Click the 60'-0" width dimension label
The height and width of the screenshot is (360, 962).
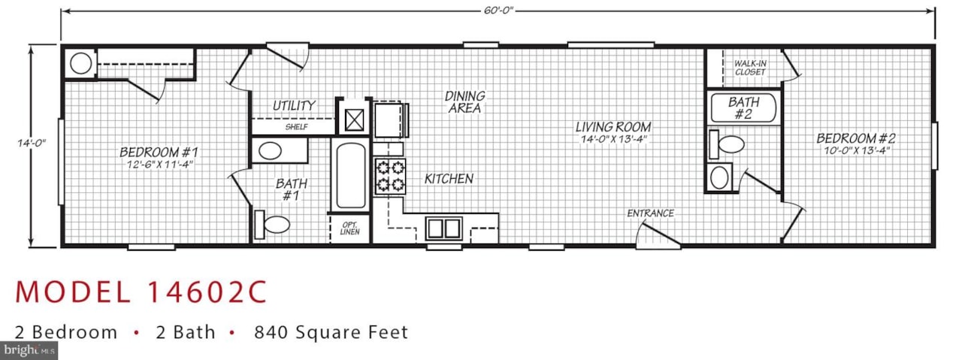pyautogui.click(x=498, y=11)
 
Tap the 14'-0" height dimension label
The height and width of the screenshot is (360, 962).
pyautogui.click(x=32, y=143)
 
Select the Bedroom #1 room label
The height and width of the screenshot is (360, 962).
pyautogui.click(x=159, y=152)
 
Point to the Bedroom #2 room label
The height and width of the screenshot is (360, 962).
pyautogui.click(x=856, y=138)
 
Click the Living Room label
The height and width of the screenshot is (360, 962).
pyautogui.click(x=613, y=127)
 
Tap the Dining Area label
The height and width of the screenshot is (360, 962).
pyautogui.click(x=464, y=102)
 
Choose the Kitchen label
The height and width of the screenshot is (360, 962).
pyautogui.click(x=449, y=179)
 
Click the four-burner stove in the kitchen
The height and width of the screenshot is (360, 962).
pyautogui.click(x=390, y=177)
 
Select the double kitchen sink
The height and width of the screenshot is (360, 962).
pyautogui.click(x=444, y=228)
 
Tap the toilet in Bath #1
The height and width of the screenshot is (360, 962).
pyautogui.click(x=272, y=224)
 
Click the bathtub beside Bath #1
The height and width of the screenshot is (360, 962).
pyautogui.click(x=350, y=175)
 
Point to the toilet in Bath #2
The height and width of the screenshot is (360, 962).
pyautogui.click(x=727, y=144)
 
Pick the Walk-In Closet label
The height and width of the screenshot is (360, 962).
pyautogui.click(x=750, y=68)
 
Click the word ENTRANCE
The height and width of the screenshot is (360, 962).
pyautogui.click(x=650, y=213)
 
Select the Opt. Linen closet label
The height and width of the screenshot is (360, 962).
pyautogui.click(x=350, y=228)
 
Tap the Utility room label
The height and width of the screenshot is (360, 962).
pyautogui.click(x=294, y=106)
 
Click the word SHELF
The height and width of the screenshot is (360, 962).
pyautogui.click(x=296, y=127)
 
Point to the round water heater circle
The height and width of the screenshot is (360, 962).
pyautogui.click(x=80, y=64)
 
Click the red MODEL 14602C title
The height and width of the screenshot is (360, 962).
pyautogui.click(x=141, y=292)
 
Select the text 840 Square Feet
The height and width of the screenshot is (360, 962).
pyautogui.click(x=331, y=332)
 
